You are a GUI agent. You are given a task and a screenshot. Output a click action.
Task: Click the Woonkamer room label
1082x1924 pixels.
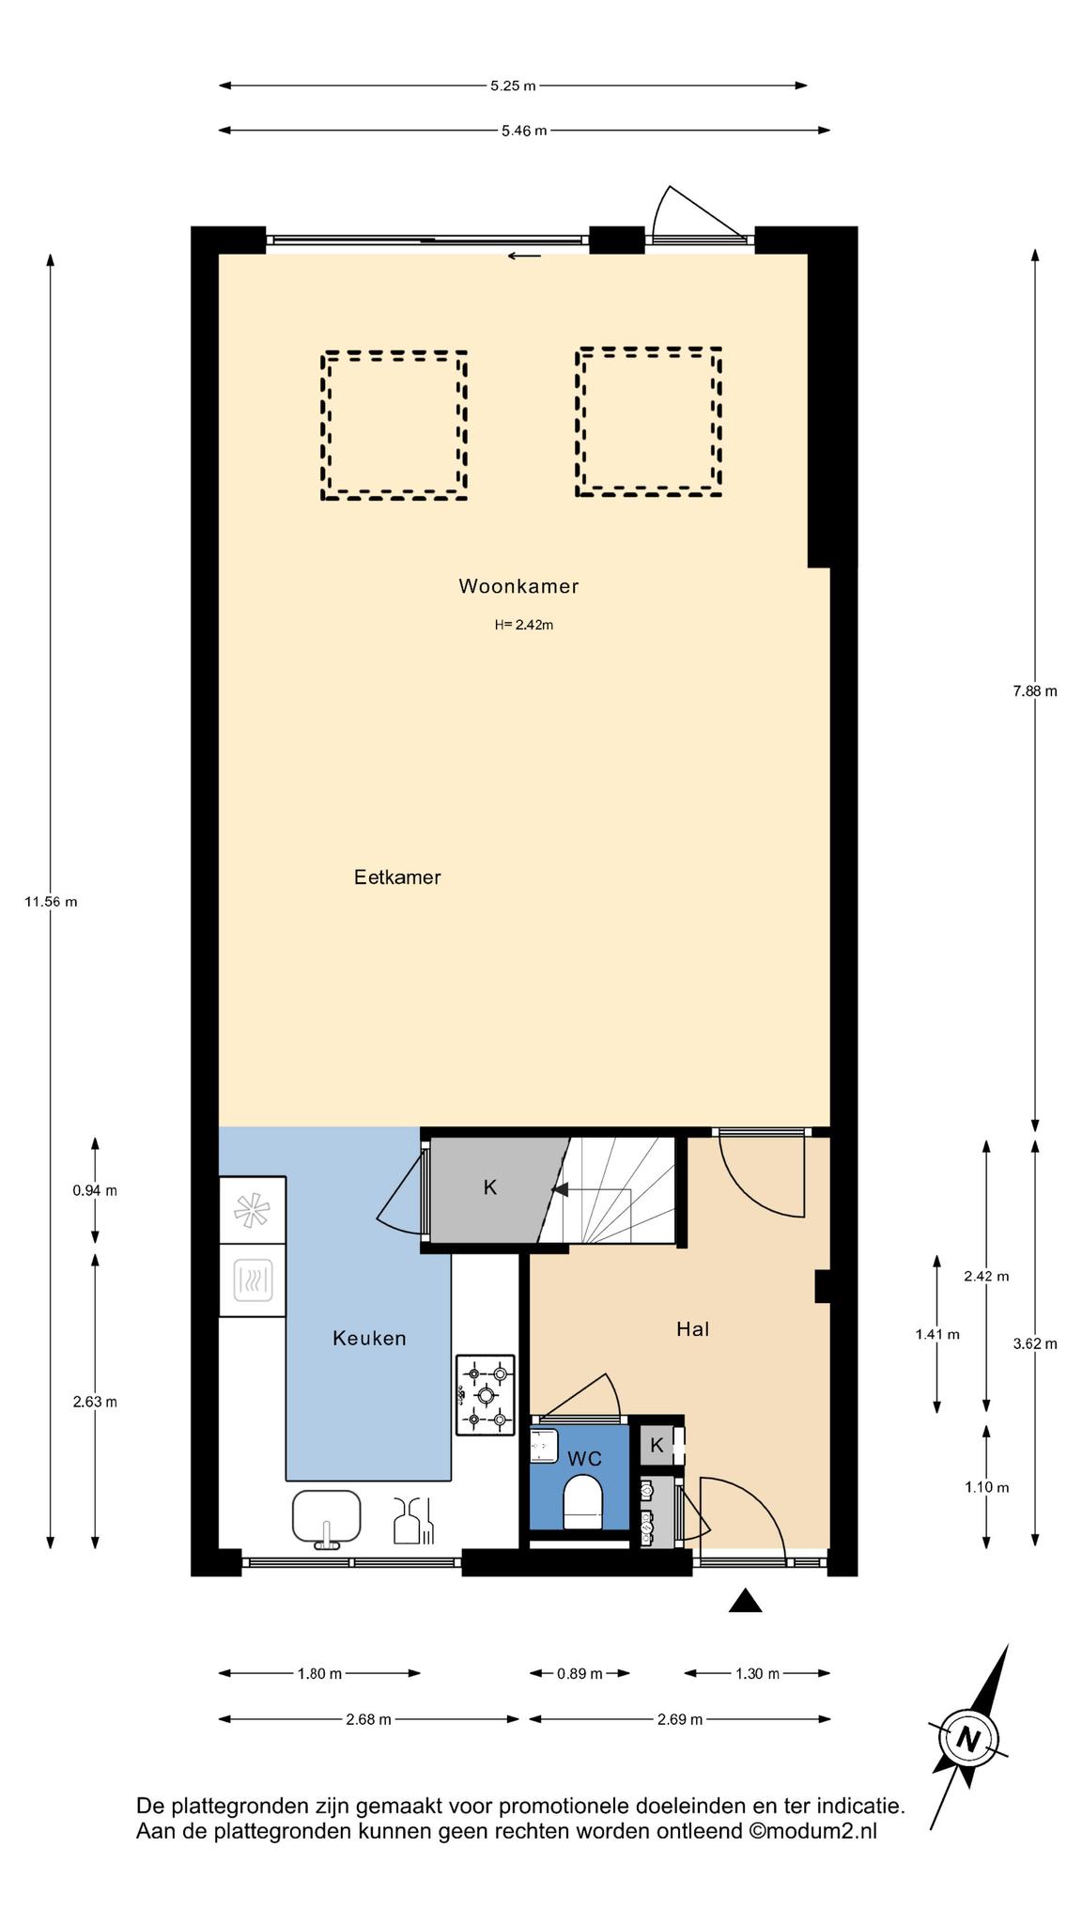(518, 586)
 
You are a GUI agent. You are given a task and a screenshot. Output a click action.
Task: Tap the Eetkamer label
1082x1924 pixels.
(397, 877)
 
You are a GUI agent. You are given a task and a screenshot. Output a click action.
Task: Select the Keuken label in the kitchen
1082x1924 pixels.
(369, 1338)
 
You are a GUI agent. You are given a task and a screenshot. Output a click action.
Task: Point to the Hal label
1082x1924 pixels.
(692, 1328)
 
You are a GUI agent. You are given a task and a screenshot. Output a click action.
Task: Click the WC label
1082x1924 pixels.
(584, 1459)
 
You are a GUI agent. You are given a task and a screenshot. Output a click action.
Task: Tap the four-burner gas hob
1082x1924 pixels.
(486, 1395)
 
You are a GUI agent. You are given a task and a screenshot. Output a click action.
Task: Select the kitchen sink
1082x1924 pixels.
(327, 1517)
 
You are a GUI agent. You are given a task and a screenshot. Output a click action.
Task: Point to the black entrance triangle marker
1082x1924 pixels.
(746, 1601)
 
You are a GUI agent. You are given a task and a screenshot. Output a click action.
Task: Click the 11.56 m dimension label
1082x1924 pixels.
(51, 902)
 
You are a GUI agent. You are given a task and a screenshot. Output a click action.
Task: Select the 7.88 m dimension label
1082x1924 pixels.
(1035, 691)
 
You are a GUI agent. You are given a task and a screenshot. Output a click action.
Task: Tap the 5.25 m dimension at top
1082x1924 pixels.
(513, 86)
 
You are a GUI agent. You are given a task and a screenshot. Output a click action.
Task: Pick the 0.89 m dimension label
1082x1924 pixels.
(580, 1673)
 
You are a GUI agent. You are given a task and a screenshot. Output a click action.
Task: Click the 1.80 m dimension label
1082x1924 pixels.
(319, 1673)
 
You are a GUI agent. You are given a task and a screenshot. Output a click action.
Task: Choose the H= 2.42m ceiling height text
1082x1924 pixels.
(524, 625)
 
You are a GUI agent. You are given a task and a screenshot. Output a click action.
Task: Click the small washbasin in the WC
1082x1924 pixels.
(544, 1446)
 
